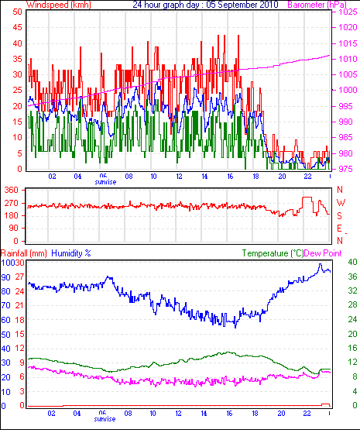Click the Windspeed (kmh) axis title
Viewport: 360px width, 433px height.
59,5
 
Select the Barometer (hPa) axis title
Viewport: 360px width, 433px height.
317,5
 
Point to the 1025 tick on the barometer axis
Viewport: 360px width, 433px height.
348,12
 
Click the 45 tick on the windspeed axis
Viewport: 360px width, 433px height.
17,27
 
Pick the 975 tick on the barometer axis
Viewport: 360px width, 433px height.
345,169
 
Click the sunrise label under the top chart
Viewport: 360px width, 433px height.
105,182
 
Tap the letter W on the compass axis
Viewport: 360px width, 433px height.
341,203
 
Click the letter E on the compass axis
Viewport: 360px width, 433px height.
339,229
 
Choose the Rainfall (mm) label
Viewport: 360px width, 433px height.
24,253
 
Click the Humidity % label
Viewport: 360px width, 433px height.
71,253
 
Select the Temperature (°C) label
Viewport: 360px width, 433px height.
273,253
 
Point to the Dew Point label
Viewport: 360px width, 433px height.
323,253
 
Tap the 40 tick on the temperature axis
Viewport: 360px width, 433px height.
352,262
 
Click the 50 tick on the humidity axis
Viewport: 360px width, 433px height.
5,335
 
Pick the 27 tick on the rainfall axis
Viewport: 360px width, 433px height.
19,277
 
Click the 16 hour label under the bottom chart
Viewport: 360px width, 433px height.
229,414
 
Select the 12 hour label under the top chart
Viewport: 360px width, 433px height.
179,176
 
